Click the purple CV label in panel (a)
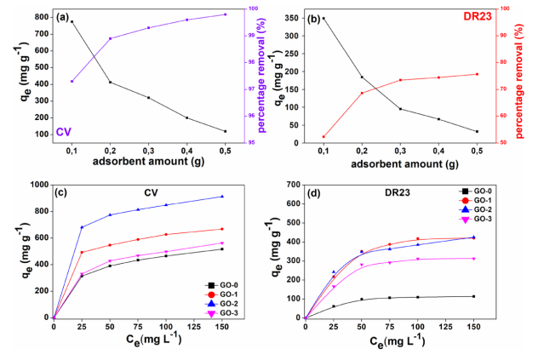click(63, 132)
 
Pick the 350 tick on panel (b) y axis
click(290, 18)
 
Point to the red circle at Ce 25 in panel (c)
click(82, 252)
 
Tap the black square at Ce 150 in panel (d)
click(473, 296)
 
